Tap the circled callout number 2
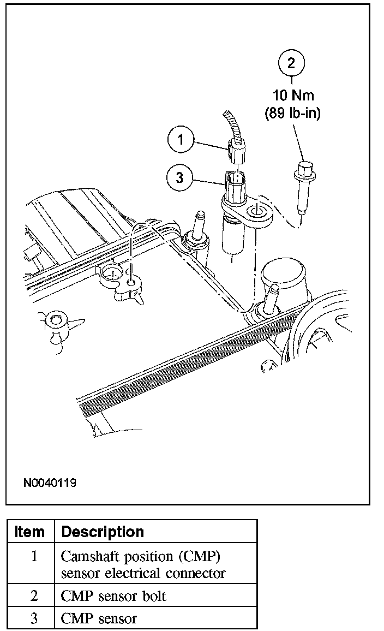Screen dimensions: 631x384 291,63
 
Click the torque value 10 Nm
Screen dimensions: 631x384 293,96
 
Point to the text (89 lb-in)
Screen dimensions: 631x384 293,114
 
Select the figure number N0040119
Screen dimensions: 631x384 50,483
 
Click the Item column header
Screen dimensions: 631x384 30,531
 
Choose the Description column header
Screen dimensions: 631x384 103,531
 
